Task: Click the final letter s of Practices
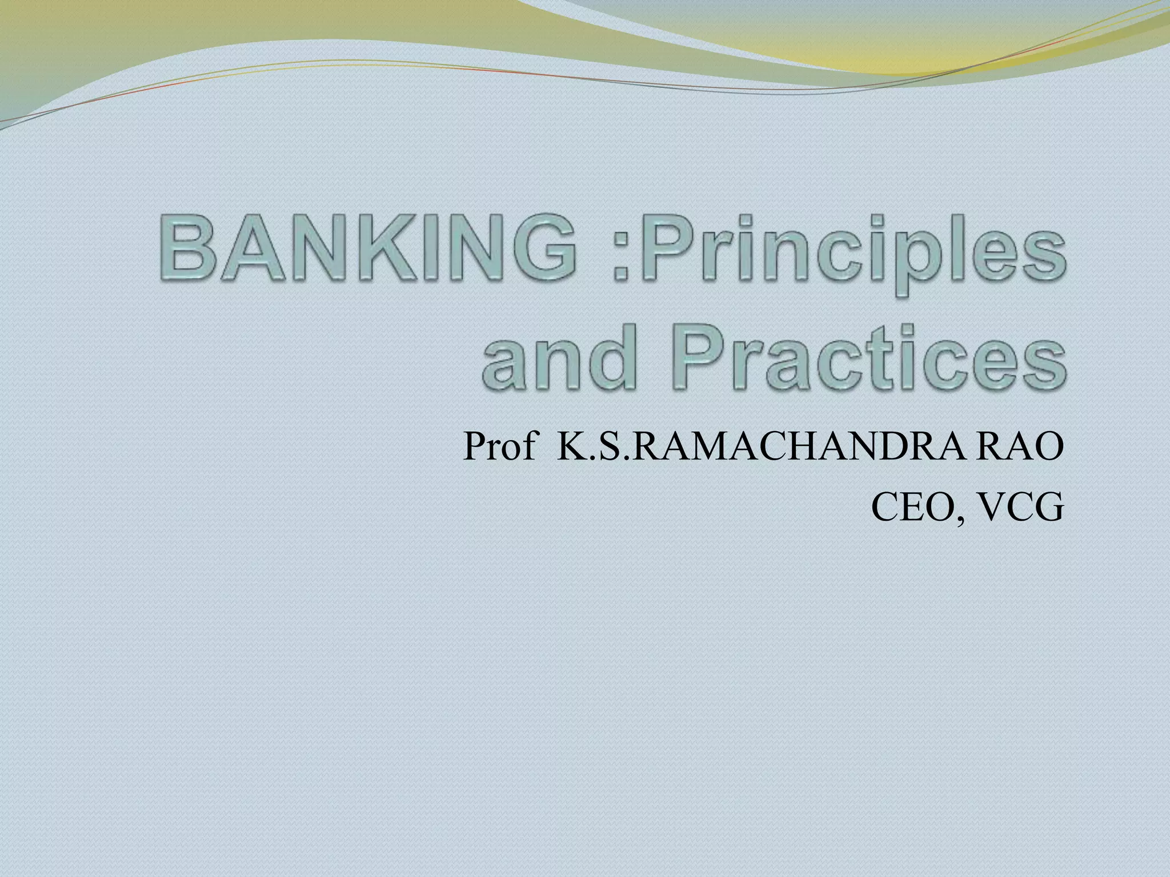tap(1042, 365)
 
